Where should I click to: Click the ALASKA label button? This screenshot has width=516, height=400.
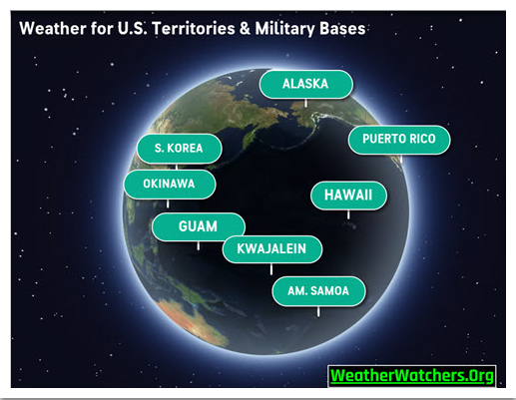tap(305, 84)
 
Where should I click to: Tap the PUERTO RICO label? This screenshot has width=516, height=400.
tap(399, 140)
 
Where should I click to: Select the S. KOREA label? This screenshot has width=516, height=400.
tap(179, 149)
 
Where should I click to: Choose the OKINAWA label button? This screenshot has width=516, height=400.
tap(170, 185)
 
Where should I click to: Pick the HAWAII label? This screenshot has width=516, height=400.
tap(348, 196)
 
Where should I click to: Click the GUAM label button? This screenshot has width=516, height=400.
tap(199, 226)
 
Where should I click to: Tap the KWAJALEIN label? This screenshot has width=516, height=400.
tap(271, 249)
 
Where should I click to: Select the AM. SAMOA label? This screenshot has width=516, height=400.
tap(318, 291)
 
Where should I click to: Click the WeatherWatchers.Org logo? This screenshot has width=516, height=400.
tap(412, 376)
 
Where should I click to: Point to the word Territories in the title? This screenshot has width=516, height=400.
tap(194, 28)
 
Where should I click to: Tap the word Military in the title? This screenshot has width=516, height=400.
tap(284, 29)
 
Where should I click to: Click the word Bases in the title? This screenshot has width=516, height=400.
tap(342, 29)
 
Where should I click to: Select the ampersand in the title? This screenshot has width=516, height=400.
tap(245, 29)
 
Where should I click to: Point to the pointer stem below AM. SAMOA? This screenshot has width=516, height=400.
tap(318, 311)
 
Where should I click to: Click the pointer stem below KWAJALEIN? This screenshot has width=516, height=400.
tap(271, 269)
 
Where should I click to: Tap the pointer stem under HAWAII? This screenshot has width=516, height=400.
tap(348, 214)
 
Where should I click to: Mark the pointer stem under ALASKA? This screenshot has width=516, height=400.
tap(305, 103)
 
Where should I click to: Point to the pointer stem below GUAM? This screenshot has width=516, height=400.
tap(199, 245)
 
